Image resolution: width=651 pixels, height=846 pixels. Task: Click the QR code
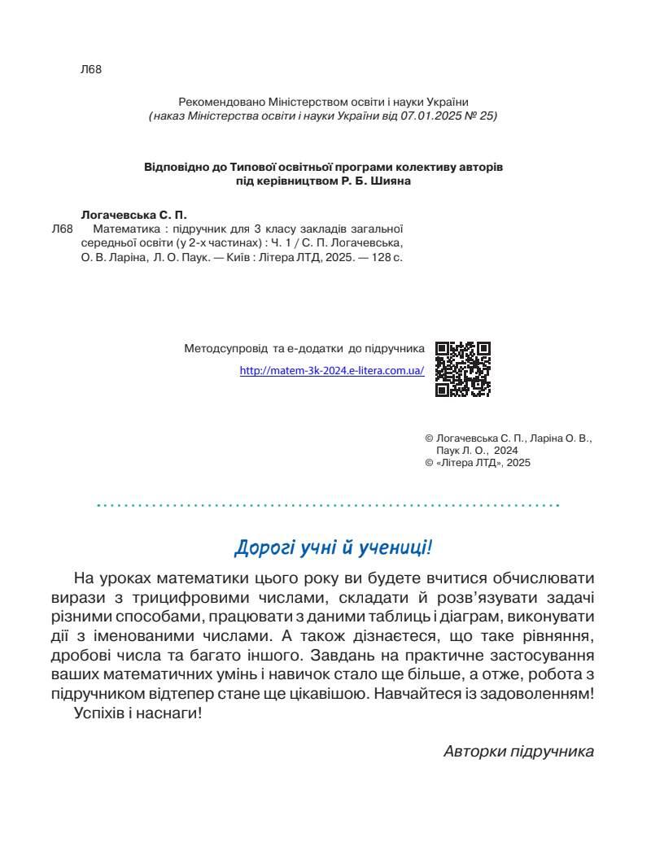tap(463, 369)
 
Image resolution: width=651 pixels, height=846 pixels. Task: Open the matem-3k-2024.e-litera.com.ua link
tap(332, 370)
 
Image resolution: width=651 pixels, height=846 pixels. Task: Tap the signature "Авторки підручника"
tap(519, 751)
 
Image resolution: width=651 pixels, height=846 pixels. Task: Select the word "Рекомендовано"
tap(216, 102)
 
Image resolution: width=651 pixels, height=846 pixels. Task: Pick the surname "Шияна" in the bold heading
tap(391, 181)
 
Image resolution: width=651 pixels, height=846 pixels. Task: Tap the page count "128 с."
tap(386, 256)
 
